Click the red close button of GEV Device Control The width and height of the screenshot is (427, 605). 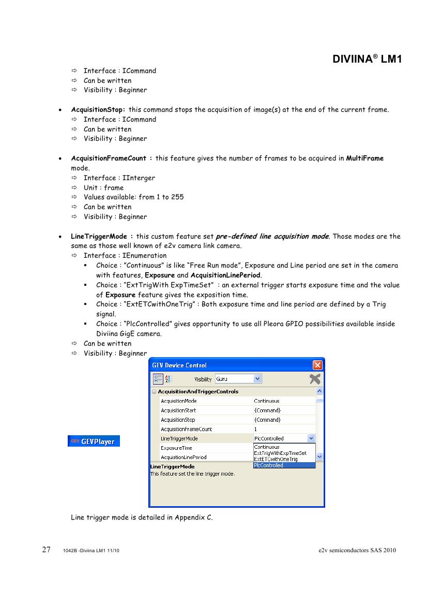(318, 365)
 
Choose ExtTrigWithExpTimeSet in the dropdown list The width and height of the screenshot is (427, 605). (280, 453)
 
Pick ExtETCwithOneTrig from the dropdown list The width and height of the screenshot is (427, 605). (276, 459)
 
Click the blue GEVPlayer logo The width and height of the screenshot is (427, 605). (94, 441)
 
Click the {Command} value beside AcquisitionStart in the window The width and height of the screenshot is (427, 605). (267, 410)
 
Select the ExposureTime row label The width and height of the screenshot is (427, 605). (176, 448)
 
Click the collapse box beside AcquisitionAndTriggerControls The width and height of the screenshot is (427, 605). (154, 392)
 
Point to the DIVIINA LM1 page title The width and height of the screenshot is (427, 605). (367, 60)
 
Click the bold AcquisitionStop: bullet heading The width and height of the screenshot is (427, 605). (98, 110)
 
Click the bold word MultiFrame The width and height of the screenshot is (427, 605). (364, 158)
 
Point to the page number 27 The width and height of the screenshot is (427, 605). (46, 550)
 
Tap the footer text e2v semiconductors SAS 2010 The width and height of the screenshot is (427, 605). (357, 550)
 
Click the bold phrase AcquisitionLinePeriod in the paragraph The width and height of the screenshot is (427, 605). (225, 275)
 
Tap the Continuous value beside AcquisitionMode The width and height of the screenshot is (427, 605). (267, 401)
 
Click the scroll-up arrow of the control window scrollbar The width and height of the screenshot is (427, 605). (319, 392)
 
